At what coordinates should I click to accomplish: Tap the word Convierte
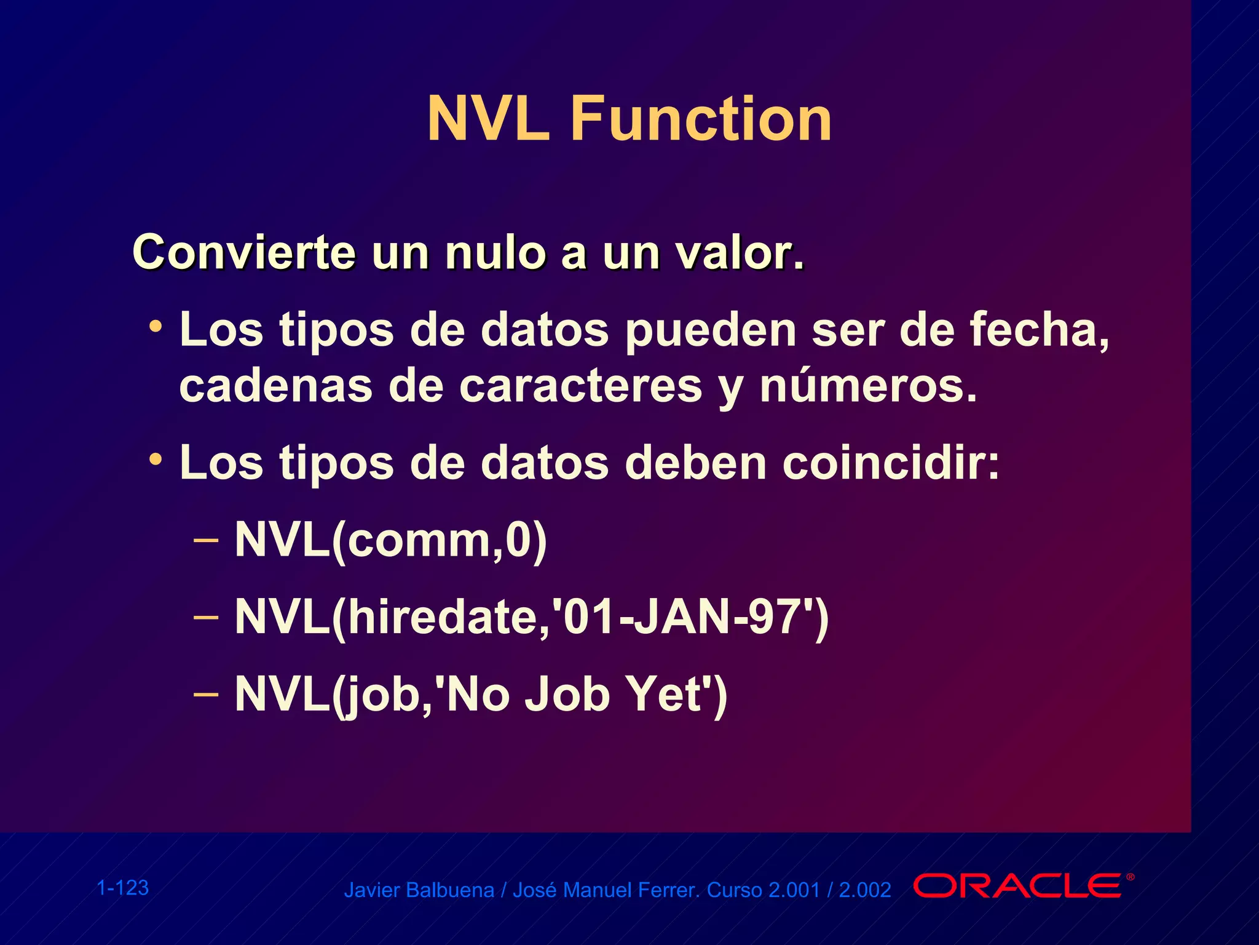pos(244,253)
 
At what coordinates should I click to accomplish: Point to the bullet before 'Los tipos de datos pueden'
pos(156,326)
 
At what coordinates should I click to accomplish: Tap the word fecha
pos(1039,330)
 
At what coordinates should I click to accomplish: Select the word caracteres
pos(580,386)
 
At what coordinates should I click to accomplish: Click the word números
pos(867,386)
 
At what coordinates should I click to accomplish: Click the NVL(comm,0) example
pos(391,540)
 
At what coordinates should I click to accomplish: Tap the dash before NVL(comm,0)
pos(205,540)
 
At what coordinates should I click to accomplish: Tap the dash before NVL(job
pos(205,694)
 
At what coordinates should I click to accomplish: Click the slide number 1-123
pos(123,888)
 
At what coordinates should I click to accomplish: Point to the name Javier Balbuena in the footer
pos(419,890)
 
